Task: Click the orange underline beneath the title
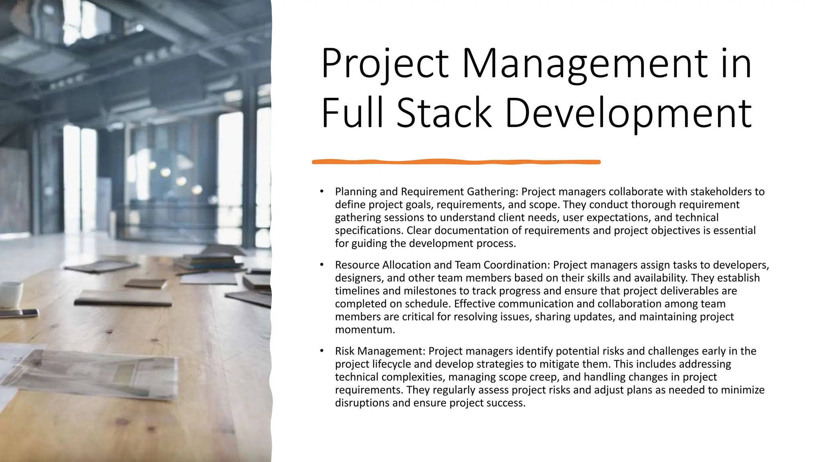[x=456, y=162]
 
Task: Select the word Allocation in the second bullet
[x=410, y=265]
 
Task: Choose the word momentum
[x=365, y=330]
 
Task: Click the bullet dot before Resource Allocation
[x=322, y=265]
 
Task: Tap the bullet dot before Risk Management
[x=322, y=351]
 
